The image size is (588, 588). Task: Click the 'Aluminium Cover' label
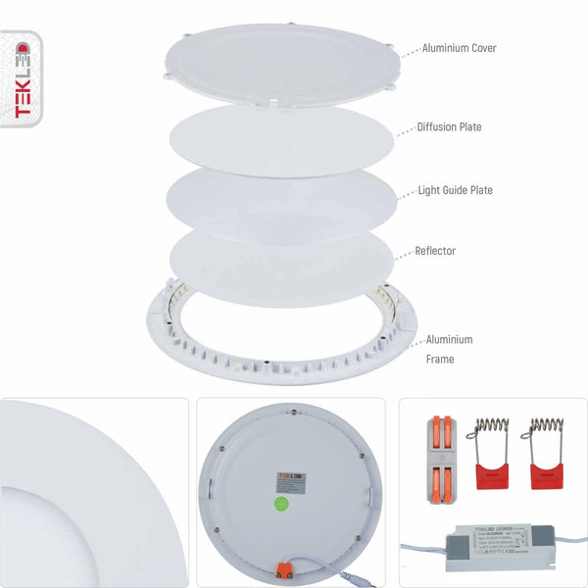[x=458, y=48]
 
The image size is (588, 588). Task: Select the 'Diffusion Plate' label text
[x=449, y=127]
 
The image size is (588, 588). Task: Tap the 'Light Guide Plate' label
[x=455, y=190]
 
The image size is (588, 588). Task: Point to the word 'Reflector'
[x=436, y=251]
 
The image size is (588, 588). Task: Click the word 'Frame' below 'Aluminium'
[x=440, y=360]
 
